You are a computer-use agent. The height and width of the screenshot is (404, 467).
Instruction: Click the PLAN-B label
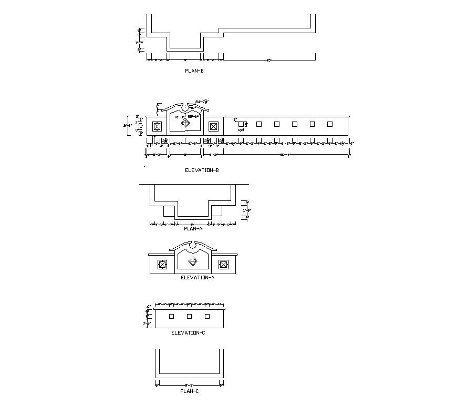click(x=194, y=70)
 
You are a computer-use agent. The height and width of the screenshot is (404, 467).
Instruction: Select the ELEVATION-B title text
click(x=202, y=170)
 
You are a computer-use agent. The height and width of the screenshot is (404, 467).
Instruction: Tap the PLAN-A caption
click(x=193, y=229)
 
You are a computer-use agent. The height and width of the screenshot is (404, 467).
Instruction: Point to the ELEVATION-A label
click(x=198, y=278)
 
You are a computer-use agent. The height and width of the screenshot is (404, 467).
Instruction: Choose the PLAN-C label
click(x=189, y=391)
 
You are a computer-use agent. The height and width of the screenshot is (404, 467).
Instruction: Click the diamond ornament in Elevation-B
click(x=185, y=123)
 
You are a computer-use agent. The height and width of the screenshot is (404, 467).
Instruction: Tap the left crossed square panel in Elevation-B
click(x=157, y=126)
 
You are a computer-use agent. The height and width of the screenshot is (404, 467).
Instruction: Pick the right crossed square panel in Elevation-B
click(x=213, y=126)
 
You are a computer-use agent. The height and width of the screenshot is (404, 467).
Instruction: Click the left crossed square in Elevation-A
click(x=162, y=265)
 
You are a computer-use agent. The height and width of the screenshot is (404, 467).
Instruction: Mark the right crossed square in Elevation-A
click(x=224, y=265)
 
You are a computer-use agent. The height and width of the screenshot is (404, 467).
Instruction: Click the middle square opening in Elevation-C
click(x=189, y=316)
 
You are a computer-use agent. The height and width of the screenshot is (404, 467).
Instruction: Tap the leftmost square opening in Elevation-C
click(x=171, y=316)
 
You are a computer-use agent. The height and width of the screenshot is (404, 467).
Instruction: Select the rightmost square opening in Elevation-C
click(x=207, y=316)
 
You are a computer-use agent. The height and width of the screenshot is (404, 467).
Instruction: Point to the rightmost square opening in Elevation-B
click(x=330, y=124)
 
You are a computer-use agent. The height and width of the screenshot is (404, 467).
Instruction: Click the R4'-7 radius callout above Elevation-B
click(x=202, y=101)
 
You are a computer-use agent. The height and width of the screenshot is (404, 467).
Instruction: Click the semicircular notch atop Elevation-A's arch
click(x=193, y=245)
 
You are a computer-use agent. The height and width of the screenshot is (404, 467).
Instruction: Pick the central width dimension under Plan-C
click(x=189, y=385)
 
